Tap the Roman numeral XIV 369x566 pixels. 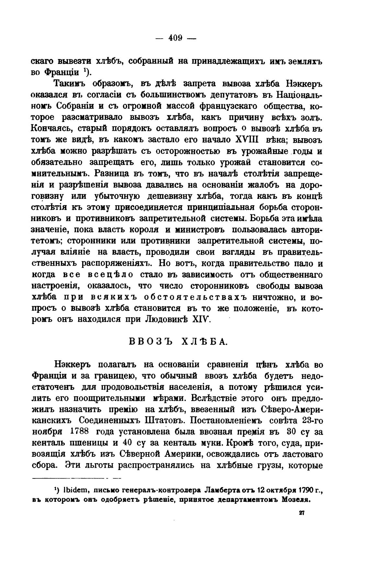tap(202, 319)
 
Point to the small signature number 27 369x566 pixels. tap(302, 513)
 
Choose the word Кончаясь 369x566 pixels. tap(52, 128)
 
